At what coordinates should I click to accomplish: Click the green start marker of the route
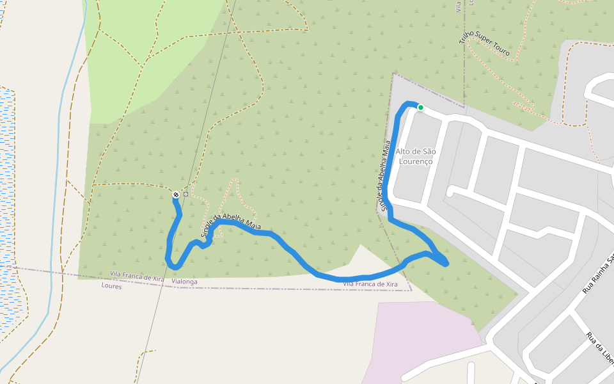click(x=421, y=108)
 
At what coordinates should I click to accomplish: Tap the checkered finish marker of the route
click(x=176, y=194)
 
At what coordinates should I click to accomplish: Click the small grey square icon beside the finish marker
click(x=185, y=194)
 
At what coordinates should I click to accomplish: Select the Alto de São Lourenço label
click(x=416, y=156)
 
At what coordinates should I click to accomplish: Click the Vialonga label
click(x=185, y=282)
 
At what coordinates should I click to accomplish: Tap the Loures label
click(x=111, y=286)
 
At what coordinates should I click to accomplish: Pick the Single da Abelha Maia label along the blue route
click(x=232, y=224)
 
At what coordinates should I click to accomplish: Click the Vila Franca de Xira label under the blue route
click(x=370, y=284)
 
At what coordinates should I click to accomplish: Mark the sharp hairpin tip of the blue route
click(x=446, y=263)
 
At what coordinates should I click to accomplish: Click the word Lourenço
click(x=416, y=161)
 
